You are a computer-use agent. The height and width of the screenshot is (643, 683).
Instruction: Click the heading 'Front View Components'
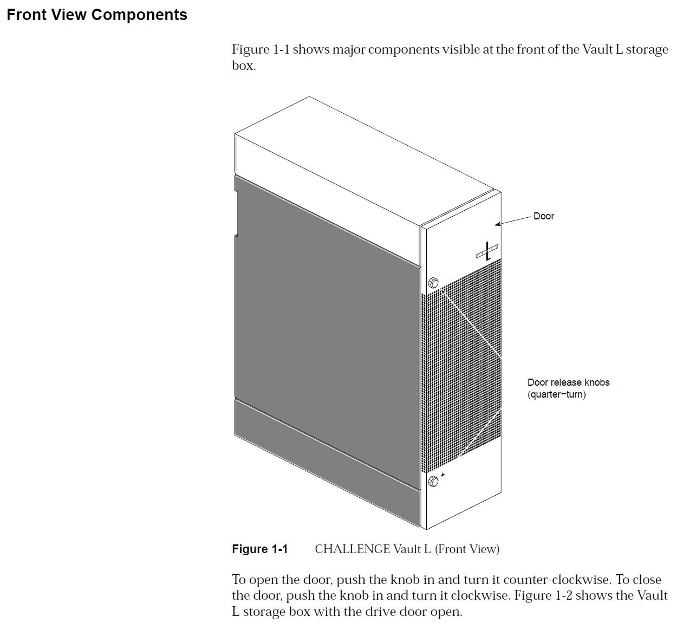[x=97, y=15]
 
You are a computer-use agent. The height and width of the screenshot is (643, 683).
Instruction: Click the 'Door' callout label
[x=543, y=216]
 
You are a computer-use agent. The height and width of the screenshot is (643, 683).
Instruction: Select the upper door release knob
[x=433, y=283]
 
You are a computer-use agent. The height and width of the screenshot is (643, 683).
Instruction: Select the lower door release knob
[x=433, y=481]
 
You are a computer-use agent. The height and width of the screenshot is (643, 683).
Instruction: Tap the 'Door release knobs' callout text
[x=568, y=382]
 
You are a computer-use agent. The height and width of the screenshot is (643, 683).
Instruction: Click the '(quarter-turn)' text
[x=556, y=394]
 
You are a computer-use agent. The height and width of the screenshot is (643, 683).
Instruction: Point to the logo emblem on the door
[x=487, y=251]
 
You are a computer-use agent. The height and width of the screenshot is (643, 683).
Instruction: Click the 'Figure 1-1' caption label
[x=259, y=549]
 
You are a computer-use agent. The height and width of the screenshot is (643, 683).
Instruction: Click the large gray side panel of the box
[x=325, y=325]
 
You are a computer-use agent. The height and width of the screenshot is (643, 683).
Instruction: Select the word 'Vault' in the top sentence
[x=597, y=50]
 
